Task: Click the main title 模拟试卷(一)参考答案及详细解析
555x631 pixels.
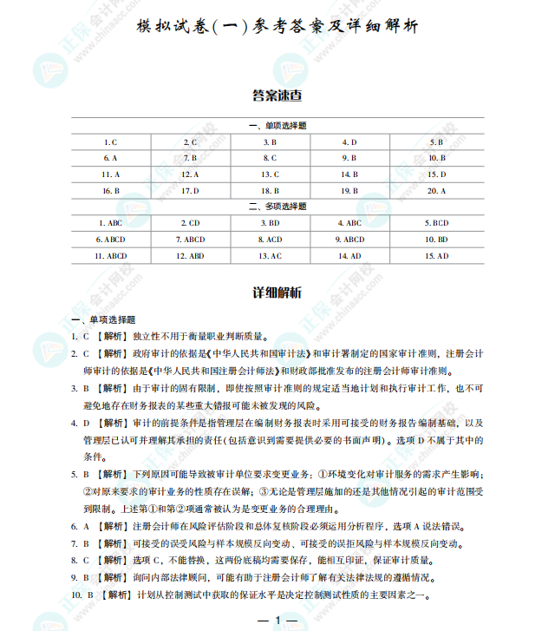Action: point(277,27)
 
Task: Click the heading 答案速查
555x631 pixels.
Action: point(277,94)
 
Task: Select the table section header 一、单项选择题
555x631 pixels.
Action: point(277,126)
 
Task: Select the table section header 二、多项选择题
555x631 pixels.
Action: point(277,207)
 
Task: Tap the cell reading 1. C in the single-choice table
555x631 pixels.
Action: point(111,141)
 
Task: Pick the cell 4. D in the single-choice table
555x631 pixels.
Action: point(349,141)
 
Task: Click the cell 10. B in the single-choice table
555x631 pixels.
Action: point(436,158)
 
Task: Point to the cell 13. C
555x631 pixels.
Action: point(270,174)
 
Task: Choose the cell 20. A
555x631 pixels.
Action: point(436,190)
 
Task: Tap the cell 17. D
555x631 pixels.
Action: point(190,190)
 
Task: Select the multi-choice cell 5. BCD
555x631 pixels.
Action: point(436,223)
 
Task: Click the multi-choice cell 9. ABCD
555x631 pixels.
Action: point(349,240)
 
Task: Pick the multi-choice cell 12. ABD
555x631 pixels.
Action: point(190,256)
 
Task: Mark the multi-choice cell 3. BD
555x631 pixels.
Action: point(270,223)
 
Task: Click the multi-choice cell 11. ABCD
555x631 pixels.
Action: point(111,256)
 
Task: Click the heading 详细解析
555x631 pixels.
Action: point(277,292)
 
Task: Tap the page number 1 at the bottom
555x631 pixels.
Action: point(278,620)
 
